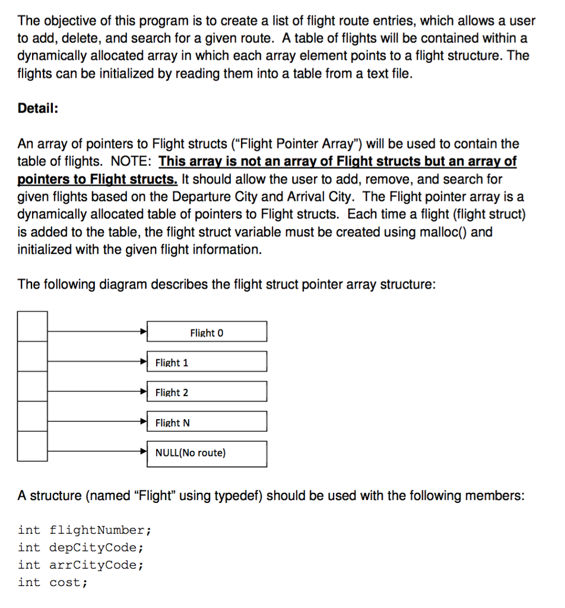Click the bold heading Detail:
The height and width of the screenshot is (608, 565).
38,109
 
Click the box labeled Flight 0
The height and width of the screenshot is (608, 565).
207,332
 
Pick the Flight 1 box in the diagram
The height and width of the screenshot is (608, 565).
207,362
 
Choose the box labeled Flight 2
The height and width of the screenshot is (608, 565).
207,392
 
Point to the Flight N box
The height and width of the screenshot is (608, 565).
207,422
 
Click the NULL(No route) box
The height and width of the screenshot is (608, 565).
207,453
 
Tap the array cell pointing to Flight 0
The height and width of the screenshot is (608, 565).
32,326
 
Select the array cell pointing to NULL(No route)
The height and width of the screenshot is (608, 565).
32,446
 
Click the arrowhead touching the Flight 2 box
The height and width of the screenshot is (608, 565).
143,391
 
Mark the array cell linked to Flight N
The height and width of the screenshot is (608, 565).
32,416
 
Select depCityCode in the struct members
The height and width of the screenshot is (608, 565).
96,547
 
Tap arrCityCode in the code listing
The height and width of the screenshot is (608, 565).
96,565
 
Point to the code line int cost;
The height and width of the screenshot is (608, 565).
53,582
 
